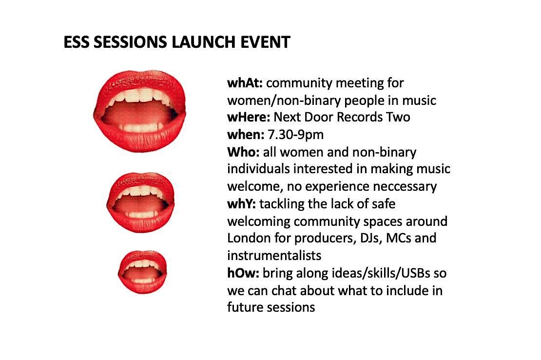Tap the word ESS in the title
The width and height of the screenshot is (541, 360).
click(x=76, y=42)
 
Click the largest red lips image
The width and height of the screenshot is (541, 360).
click(x=140, y=108)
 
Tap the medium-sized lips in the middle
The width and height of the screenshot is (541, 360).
click(x=140, y=202)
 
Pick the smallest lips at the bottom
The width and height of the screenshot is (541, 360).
click(x=143, y=272)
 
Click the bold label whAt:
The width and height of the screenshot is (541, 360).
click(x=245, y=83)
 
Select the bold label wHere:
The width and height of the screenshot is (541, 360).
click(x=249, y=118)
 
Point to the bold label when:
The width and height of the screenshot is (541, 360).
click(x=245, y=135)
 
